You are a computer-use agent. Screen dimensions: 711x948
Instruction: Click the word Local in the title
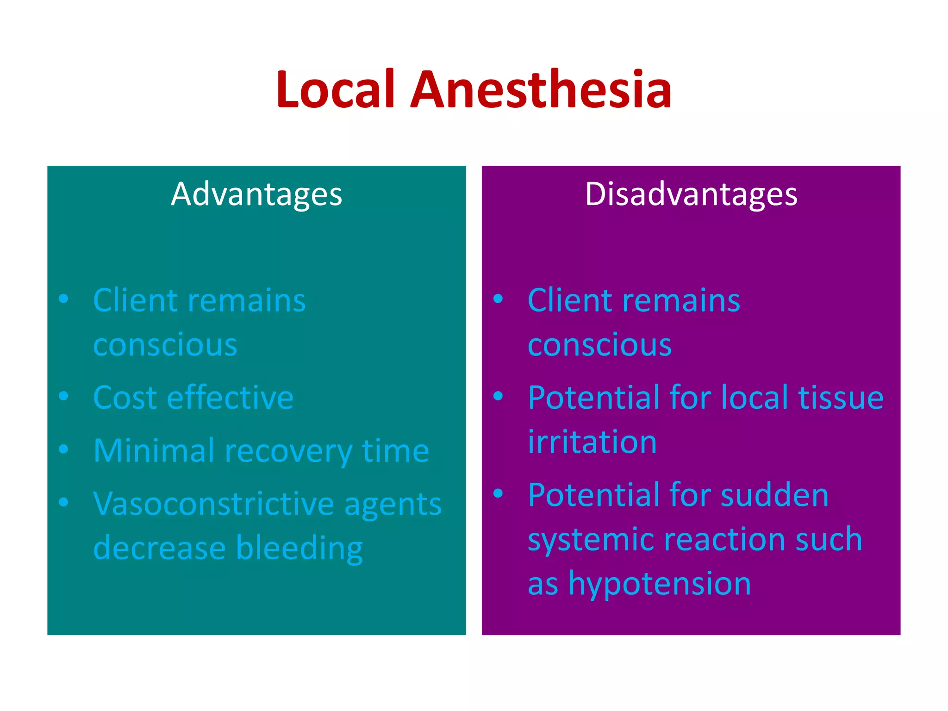coord(336,89)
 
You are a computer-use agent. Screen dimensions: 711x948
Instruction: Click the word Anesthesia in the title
coord(541,89)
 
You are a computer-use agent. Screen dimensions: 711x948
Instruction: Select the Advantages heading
coord(256,194)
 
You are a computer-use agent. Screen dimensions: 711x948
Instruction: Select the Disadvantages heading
coord(691,194)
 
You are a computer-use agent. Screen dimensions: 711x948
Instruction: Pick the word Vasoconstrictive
coord(213,504)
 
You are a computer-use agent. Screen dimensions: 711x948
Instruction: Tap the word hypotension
coord(660,584)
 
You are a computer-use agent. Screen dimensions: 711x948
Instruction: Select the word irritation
coord(592,442)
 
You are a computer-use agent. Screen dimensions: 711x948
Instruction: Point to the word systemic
coord(591,540)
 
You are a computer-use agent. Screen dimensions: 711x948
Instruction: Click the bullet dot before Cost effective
coord(64,396)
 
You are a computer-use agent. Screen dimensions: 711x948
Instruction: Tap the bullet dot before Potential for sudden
coord(498,493)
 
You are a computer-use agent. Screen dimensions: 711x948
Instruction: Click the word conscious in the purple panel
coord(599,345)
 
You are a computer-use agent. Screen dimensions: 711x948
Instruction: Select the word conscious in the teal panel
coord(165,345)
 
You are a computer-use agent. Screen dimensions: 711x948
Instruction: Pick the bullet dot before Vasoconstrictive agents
coord(64,502)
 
